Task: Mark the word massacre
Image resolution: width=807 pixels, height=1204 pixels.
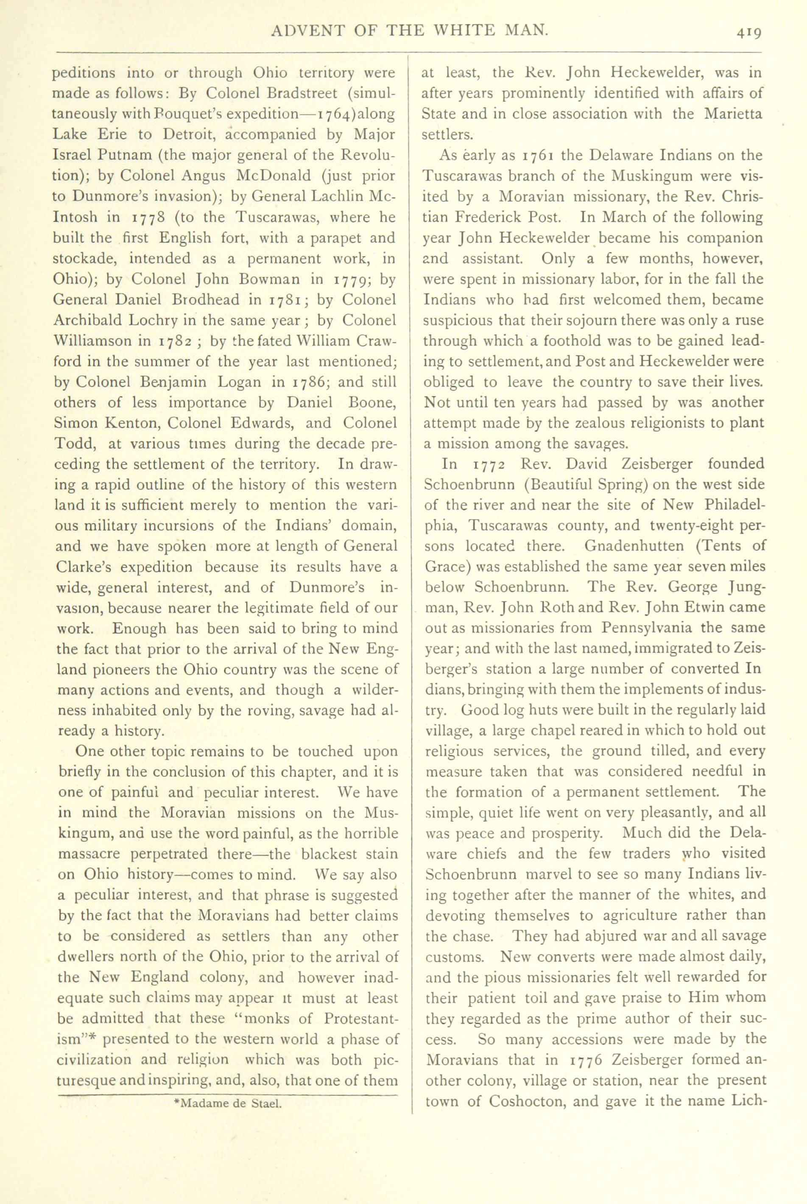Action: pyautogui.click(x=90, y=854)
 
